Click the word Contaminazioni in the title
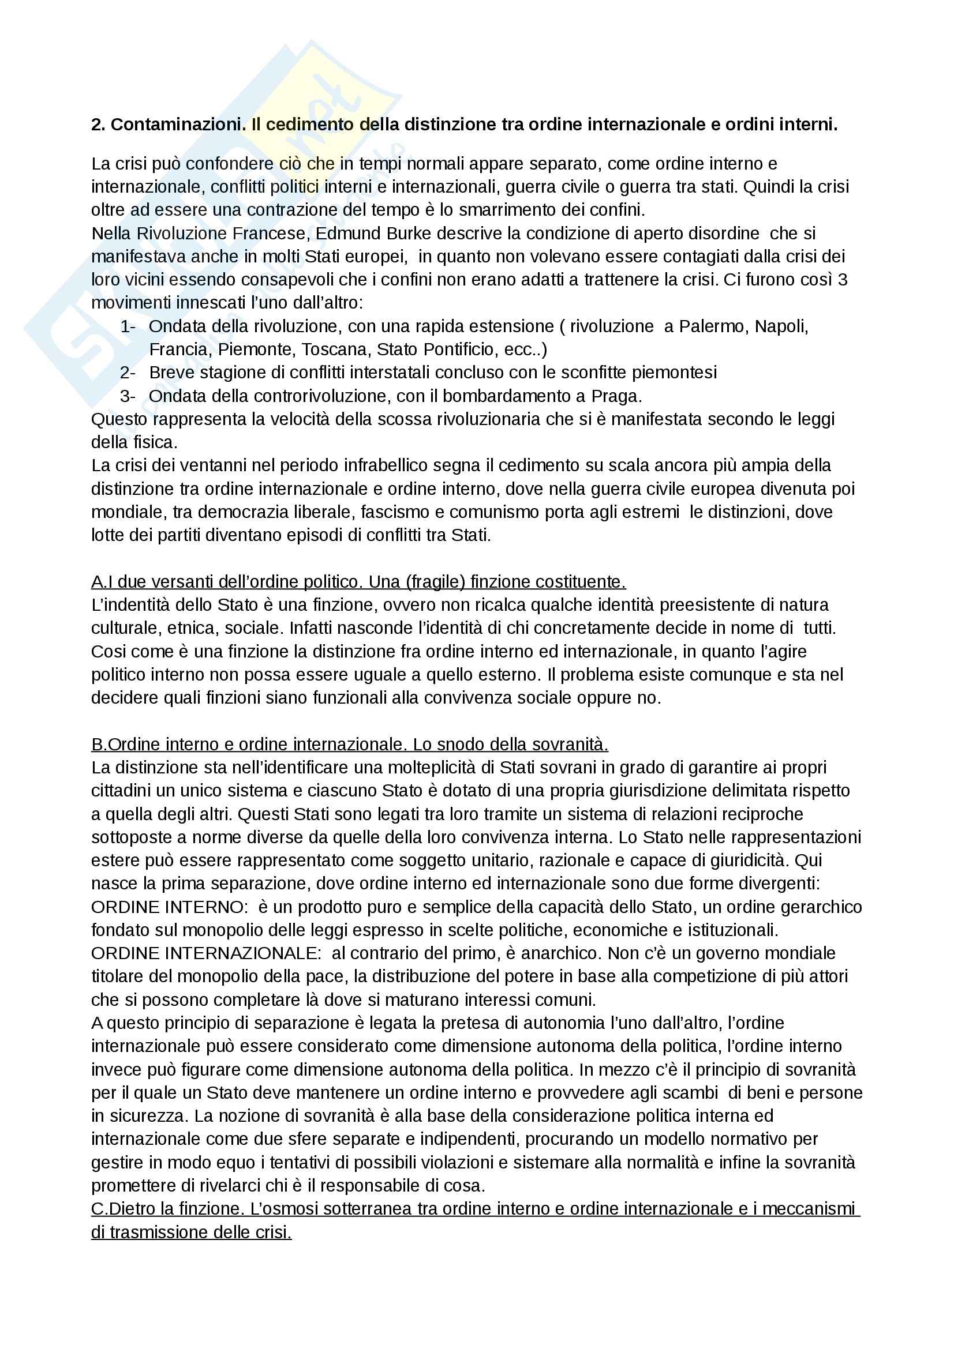tap(178, 125)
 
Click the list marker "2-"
tap(128, 373)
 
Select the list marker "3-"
tap(128, 396)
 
